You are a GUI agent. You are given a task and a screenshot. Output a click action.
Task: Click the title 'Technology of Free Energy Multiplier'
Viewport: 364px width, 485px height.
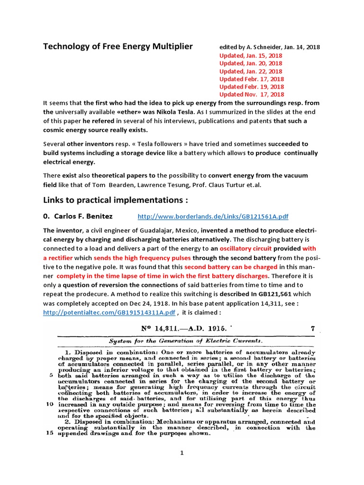click(118, 46)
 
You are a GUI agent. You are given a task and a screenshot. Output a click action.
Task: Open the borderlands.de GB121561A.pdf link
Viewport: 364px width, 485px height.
click(213, 216)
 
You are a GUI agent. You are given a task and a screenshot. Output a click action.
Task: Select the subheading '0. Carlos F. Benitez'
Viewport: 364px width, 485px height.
click(78, 216)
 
